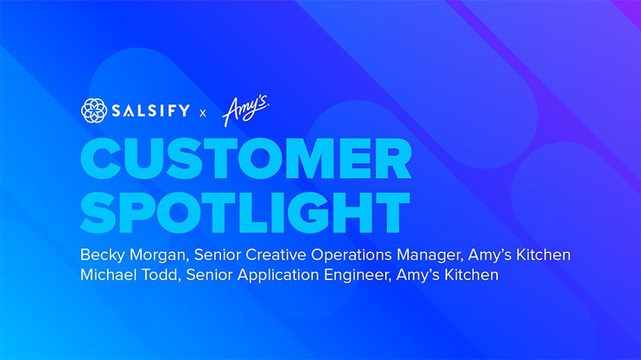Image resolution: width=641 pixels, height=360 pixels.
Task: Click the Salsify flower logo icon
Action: click(94, 111)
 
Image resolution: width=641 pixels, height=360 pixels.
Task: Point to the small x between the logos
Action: click(203, 113)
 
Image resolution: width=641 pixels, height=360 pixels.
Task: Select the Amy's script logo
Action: click(245, 111)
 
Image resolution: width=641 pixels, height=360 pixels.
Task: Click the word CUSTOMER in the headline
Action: click(246, 158)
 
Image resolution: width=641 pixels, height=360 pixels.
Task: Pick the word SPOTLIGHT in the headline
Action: click(245, 212)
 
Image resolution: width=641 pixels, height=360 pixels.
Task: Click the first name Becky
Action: click(103, 255)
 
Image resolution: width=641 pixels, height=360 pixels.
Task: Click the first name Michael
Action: click(108, 275)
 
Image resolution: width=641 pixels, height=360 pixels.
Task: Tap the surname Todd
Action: click(161, 275)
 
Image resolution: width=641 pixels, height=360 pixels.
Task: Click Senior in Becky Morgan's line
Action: click(217, 254)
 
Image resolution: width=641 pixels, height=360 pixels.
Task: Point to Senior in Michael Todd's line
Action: click(209, 275)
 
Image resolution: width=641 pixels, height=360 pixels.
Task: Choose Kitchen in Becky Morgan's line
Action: click(543, 254)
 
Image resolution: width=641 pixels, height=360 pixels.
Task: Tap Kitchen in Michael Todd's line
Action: click(471, 275)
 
